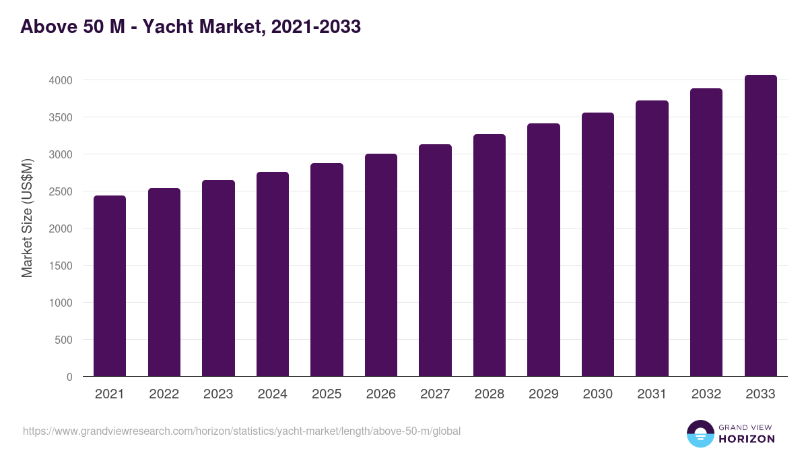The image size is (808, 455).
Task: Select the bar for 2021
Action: (x=110, y=286)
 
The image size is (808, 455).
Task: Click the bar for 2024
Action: (x=273, y=274)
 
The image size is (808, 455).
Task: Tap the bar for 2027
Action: (x=435, y=260)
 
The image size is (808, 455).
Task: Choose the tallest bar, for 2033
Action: (x=760, y=226)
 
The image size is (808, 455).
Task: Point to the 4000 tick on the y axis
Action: (x=61, y=80)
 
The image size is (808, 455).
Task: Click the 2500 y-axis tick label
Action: (x=61, y=191)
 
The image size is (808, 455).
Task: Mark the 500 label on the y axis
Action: (x=65, y=340)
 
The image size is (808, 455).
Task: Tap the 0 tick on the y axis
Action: (x=69, y=377)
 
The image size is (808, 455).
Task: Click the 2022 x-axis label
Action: (x=164, y=394)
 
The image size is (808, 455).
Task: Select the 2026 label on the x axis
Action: (x=381, y=394)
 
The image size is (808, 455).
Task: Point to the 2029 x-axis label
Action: (x=543, y=394)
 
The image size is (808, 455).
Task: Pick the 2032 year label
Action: (x=706, y=394)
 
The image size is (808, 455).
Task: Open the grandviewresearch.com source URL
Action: (x=242, y=431)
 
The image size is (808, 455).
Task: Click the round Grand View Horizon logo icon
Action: (x=700, y=433)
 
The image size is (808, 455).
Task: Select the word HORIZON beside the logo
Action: (x=747, y=439)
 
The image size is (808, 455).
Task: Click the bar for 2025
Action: (x=327, y=270)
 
